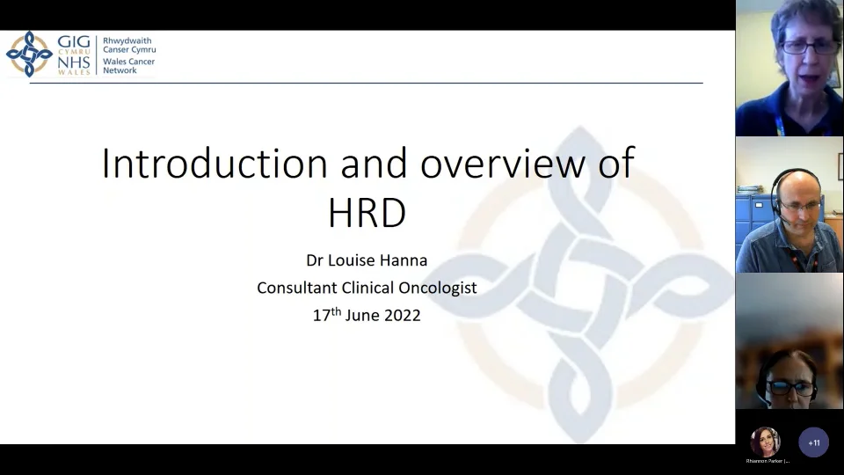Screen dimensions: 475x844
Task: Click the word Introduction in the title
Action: click(x=215, y=164)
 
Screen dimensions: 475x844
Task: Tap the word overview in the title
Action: click(x=503, y=164)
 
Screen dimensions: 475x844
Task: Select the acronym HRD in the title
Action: click(x=367, y=212)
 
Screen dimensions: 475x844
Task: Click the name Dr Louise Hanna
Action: click(x=367, y=260)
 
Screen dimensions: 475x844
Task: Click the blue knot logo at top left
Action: click(x=28, y=54)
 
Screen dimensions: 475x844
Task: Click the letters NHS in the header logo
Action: click(x=73, y=64)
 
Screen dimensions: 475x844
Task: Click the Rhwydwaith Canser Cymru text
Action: click(x=129, y=45)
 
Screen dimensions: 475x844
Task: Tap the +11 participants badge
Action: click(x=813, y=442)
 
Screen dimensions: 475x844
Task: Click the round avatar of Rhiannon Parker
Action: click(x=765, y=441)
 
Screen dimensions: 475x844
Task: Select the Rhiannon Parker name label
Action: click(x=768, y=461)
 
